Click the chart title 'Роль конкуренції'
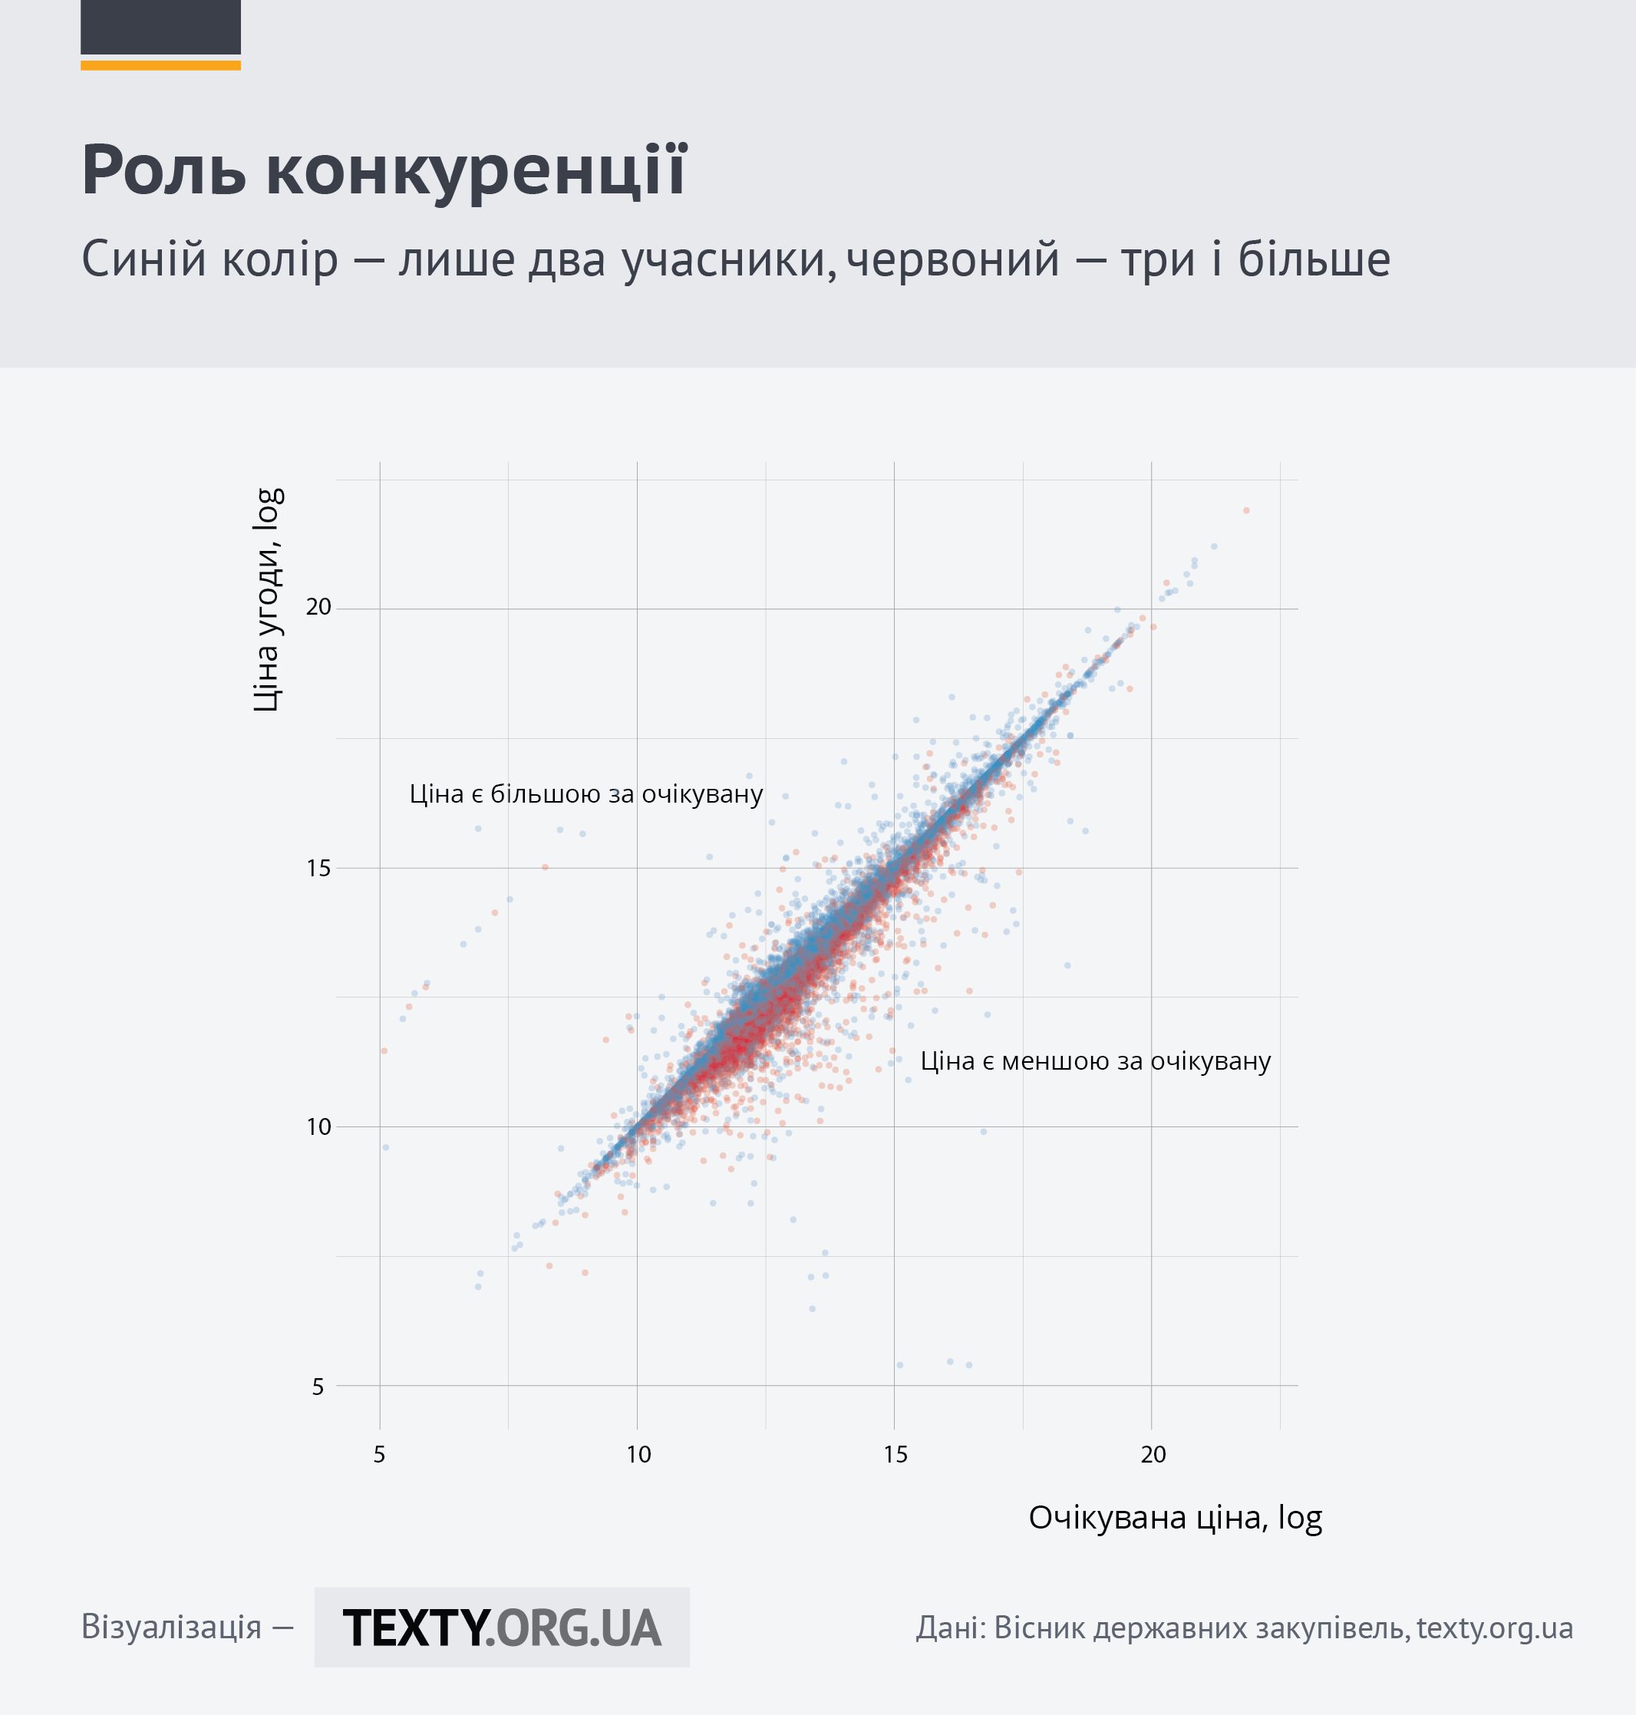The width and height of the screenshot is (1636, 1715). (384, 171)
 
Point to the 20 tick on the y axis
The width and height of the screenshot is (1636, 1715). (318, 607)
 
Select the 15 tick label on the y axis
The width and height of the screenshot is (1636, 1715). (318, 868)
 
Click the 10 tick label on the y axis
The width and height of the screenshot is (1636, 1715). (318, 1126)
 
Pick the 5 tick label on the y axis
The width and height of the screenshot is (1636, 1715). (318, 1387)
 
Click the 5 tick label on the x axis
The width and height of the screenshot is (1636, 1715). (379, 1454)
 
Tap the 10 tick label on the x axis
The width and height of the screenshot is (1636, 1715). (638, 1454)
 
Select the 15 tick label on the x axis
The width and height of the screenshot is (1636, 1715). (896, 1454)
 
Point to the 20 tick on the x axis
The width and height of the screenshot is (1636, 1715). (1153, 1454)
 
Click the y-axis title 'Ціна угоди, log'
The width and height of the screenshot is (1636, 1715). (267, 600)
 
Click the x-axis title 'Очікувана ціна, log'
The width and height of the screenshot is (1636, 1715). (1176, 1518)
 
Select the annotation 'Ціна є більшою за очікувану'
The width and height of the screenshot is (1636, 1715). (586, 794)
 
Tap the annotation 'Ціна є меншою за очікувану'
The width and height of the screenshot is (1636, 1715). (1095, 1061)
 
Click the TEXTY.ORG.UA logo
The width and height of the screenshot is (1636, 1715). (501, 1628)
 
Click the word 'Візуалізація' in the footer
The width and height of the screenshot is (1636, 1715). (171, 1627)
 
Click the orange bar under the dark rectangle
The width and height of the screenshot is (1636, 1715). (160, 65)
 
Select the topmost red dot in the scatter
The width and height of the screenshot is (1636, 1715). (1246, 510)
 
